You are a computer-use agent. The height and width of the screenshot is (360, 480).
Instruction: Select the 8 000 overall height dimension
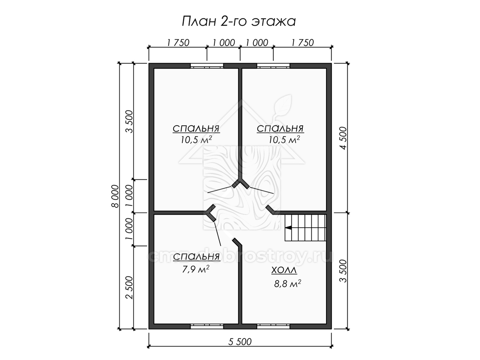[115, 196]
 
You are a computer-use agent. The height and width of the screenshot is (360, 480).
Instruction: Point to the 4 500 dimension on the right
[344, 138]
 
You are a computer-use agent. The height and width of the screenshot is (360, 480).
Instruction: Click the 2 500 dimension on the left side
[130, 288]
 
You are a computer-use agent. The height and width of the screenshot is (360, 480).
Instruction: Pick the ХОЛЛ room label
[284, 270]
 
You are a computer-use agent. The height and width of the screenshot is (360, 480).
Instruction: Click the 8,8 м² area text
[288, 284]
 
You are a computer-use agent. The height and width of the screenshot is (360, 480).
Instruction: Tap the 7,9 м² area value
[196, 269]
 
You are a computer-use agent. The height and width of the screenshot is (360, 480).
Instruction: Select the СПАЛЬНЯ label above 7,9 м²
[196, 257]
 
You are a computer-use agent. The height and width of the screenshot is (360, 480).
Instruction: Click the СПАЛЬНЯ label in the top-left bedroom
[196, 128]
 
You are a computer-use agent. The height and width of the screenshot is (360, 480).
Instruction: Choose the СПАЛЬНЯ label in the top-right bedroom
[280, 128]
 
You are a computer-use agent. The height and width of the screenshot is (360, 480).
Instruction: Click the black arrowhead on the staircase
[288, 228]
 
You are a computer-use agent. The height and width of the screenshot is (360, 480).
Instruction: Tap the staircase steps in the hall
[305, 228]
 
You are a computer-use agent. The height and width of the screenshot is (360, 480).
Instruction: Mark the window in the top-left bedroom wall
[207, 66]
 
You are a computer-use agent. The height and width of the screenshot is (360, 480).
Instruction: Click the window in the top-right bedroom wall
[273, 66]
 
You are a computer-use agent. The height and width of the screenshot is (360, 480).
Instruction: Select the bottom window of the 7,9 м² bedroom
[207, 332]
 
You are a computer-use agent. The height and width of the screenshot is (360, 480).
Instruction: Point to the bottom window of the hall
[273, 332]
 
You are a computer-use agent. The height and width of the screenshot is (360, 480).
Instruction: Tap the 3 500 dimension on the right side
[344, 271]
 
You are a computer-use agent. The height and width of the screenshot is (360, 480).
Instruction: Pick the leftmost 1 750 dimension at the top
[178, 43]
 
